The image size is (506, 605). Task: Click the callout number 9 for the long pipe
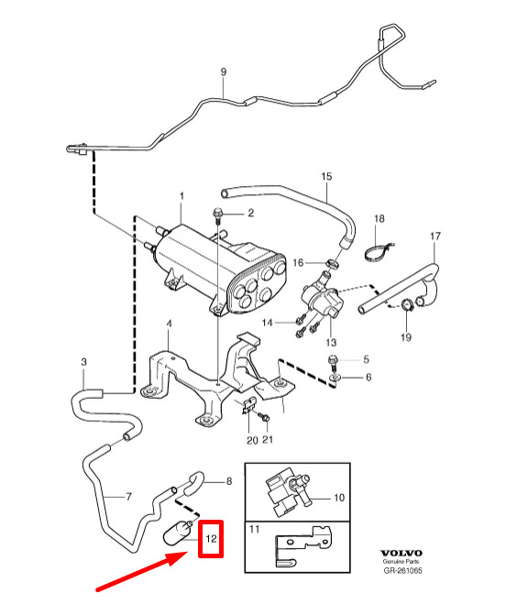[224, 71]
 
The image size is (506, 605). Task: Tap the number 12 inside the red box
[211, 538]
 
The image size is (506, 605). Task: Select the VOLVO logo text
[401, 554]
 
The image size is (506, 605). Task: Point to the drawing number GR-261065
[402, 570]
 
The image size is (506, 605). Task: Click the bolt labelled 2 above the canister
[217, 216]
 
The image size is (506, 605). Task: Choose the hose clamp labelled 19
[407, 305]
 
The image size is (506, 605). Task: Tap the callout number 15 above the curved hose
[326, 176]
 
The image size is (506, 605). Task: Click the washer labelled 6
[335, 377]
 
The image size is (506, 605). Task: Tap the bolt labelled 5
[333, 361]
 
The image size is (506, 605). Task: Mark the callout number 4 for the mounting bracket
[169, 324]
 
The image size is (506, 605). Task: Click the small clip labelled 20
[248, 405]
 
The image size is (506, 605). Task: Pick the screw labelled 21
[264, 417]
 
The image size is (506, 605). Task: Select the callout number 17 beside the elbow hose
[435, 236]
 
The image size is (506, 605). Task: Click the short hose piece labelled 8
[192, 483]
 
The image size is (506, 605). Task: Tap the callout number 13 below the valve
[331, 342]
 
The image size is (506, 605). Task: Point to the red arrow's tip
[188, 553]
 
